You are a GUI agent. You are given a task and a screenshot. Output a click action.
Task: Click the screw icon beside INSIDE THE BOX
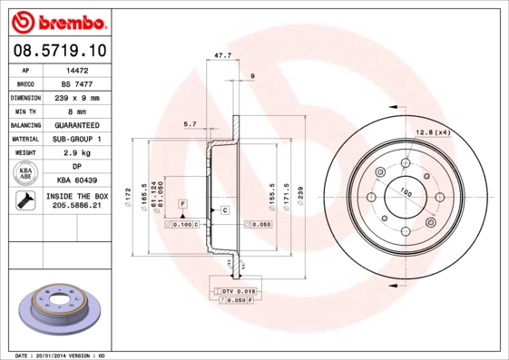[x=24, y=202]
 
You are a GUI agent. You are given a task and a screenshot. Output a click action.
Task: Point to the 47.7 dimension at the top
[x=221, y=55]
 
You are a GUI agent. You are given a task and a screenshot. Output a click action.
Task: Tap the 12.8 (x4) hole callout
[x=433, y=133]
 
